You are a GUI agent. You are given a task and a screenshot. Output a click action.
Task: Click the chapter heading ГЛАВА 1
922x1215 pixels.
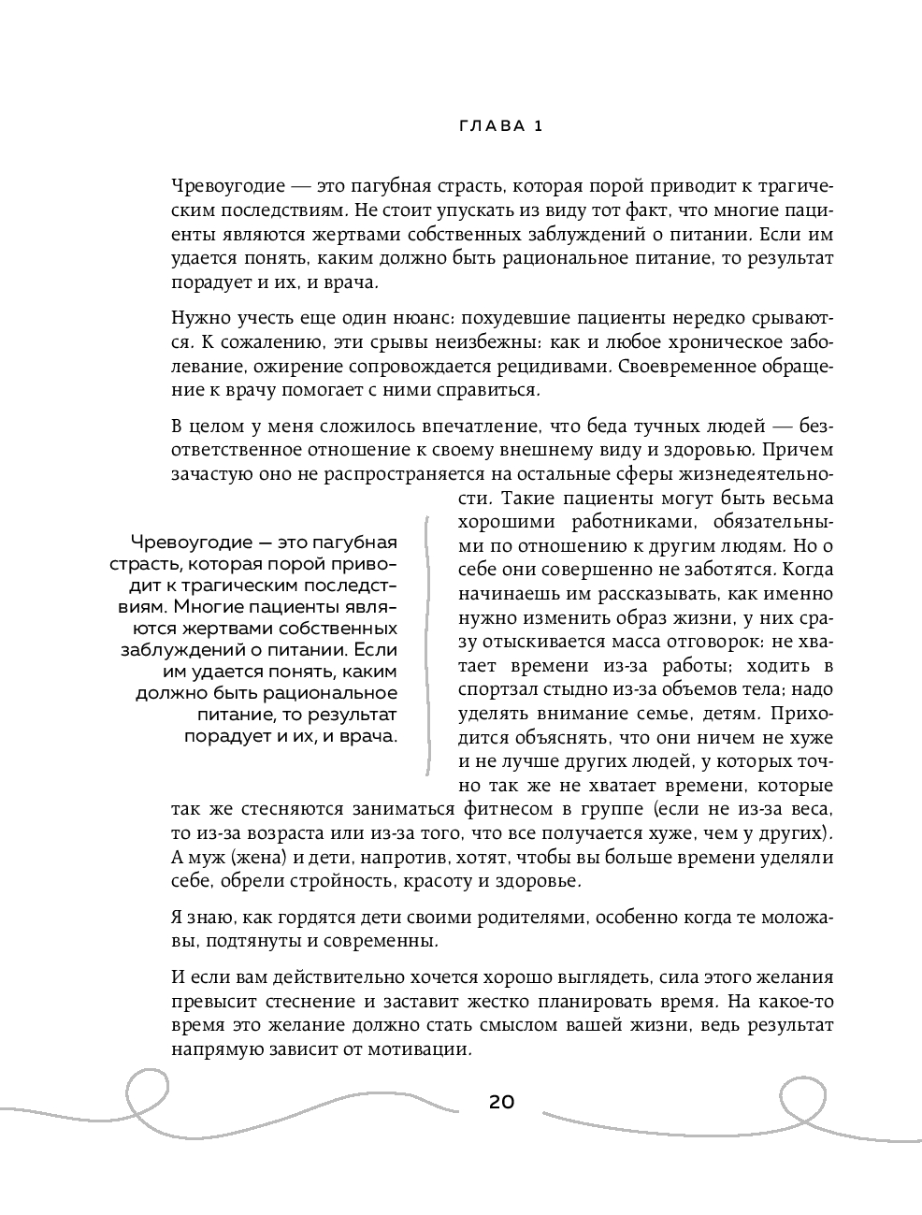[x=501, y=127]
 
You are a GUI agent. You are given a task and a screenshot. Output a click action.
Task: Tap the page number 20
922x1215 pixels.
[x=501, y=1102]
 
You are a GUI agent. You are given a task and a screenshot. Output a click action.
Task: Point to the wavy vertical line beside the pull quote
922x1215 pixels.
[x=427, y=645]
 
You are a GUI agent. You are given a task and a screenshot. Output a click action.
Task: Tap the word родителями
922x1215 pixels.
[x=519, y=917]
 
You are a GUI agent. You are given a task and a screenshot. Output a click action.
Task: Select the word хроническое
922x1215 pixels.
[x=713, y=342]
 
